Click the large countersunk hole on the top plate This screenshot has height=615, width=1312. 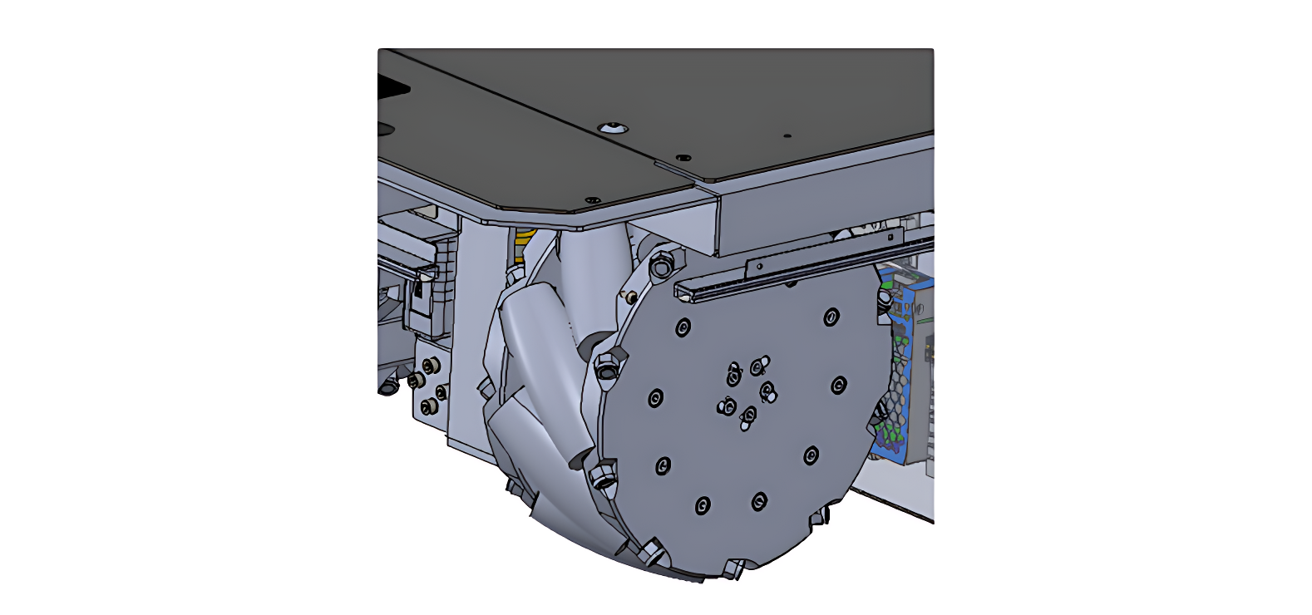click(613, 127)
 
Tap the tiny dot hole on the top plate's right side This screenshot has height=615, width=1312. click(787, 135)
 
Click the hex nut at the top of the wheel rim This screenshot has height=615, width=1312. click(661, 268)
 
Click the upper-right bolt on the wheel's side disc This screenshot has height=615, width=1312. click(831, 317)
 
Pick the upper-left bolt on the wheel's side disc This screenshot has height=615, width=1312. click(683, 327)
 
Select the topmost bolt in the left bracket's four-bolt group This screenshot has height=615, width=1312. click(428, 366)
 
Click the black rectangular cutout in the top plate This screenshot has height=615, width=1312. click(394, 88)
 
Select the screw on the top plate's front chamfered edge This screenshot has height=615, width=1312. click(592, 200)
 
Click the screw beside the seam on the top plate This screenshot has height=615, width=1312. click(683, 157)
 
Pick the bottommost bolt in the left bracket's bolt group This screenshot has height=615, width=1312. click(428, 407)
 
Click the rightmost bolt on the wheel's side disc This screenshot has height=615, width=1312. click(838, 385)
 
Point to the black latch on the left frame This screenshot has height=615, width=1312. click(417, 295)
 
